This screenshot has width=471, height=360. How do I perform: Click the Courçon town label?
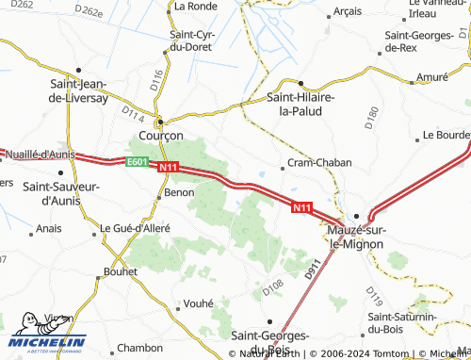[160, 135]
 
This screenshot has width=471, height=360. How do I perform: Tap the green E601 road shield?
[138, 161]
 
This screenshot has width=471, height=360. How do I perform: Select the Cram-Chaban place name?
[319, 162]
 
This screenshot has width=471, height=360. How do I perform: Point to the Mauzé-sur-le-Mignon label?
[363, 237]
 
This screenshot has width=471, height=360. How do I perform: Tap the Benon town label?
[179, 192]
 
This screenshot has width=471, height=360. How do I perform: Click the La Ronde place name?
[196, 6]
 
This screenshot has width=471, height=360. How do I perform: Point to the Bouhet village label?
[119, 271]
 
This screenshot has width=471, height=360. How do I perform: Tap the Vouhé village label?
[198, 303]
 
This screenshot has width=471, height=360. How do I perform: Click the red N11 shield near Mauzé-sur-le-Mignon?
[301, 207]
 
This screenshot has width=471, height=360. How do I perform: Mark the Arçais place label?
[348, 12]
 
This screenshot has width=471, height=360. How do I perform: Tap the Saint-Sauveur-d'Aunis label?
[61, 192]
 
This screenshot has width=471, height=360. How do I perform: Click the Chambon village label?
[141, 348]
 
